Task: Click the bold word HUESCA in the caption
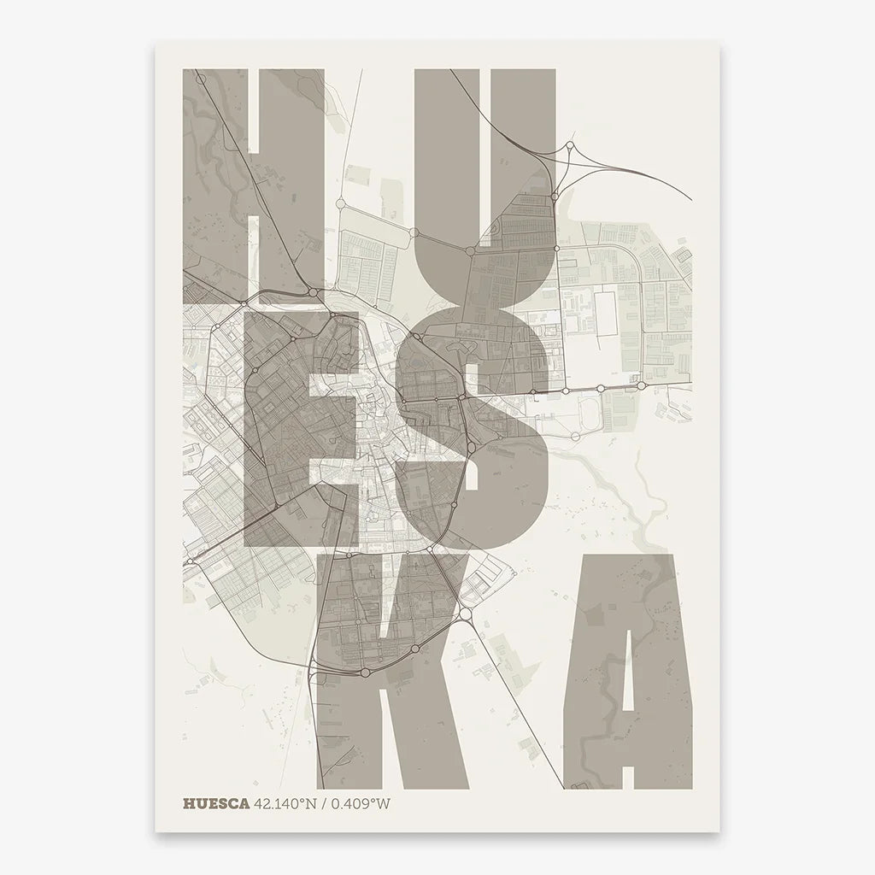(215, 803)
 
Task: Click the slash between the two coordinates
(326, 803)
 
